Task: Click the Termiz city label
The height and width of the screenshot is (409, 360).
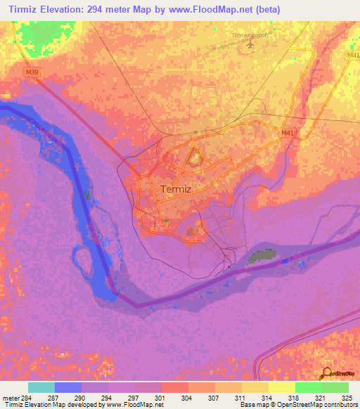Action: pyautogui.click(x=176, y=189)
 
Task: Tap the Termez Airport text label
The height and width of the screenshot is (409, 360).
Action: pyautogui.click(x=250, y=34)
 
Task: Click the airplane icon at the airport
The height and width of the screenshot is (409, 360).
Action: pyautogui.click(x=250, y=44)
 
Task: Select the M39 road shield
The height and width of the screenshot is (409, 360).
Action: pyautogui.click(x=32, y=72)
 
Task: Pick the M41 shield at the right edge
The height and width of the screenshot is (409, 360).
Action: pyautogui.click(x=353, y=55)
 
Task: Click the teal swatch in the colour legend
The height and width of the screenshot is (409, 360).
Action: pyautogui.click(x=41, y=387)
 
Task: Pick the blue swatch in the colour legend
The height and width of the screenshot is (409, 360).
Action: pyautogui.click(x=68, y=387)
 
